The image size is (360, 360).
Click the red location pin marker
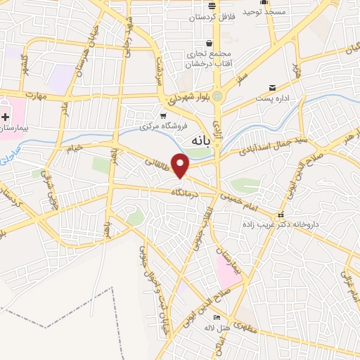(x=181, y=166)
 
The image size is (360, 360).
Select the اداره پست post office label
(x=272, y=101)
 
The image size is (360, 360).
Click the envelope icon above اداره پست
(x=272, y=88)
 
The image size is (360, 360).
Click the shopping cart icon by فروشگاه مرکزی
(x=163, y=115)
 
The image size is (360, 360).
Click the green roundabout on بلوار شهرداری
(x=218, y=96)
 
